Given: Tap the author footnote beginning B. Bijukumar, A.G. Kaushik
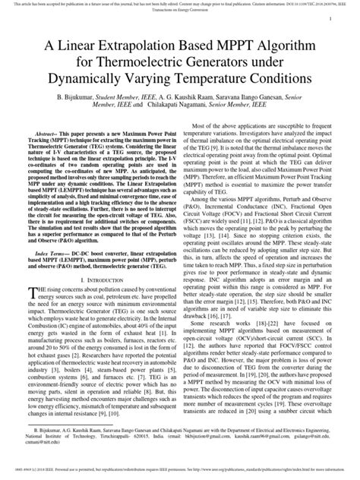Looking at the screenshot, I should tap(180, 450).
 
